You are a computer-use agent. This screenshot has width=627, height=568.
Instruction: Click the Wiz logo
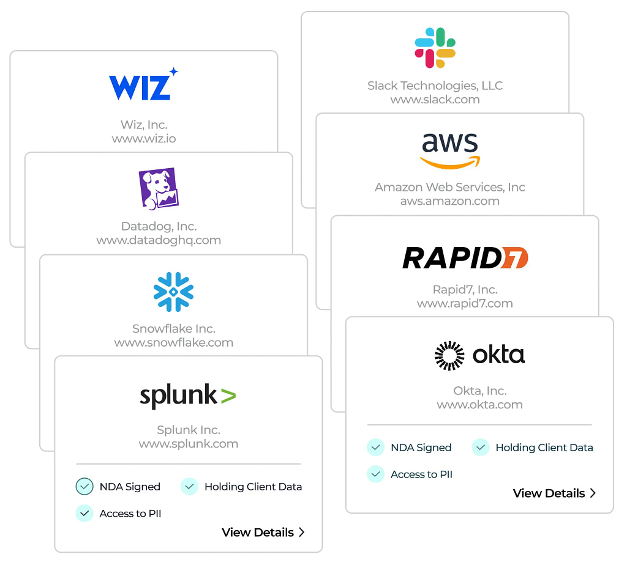tap(143, 85)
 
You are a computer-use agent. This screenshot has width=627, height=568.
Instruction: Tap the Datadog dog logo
tap(159, 188)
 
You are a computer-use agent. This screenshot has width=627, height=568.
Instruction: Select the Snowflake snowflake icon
tap(173, 292)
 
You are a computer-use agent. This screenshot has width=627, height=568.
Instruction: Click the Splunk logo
tap(187, 396)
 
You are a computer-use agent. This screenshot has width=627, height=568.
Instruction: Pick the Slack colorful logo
tap(435, 48)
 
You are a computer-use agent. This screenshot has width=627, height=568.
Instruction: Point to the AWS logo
tap(450, 149)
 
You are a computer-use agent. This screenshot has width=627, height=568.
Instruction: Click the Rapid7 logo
tap(465, 258)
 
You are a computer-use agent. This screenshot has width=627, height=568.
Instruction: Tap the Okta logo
tap(479, 355)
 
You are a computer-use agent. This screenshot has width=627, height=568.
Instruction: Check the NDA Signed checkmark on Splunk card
tap(84, 487)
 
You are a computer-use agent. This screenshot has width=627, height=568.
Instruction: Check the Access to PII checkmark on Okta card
tap(375, 474)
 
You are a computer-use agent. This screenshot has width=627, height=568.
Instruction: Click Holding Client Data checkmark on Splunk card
tap(190, 487)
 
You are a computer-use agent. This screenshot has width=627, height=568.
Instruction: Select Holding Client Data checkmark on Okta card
tap(481, 448)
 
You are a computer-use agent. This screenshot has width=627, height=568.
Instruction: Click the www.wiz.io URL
tap(144, 139)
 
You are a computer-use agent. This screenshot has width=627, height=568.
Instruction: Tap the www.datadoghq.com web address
tap(159, 240)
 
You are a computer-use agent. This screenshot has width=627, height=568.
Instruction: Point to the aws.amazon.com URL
tap(450, 201)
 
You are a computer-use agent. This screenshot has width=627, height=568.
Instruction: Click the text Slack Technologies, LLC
tap(435, 86)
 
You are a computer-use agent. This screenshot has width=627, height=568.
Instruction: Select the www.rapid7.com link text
tap(465, 303)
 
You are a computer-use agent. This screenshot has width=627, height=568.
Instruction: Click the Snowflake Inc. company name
tap(174, 329)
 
